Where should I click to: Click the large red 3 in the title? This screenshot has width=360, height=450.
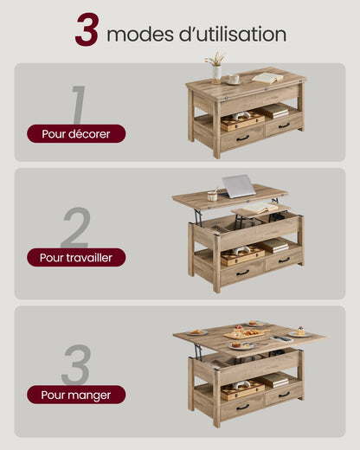tap(87, 30)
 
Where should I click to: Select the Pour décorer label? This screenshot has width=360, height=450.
tap(76, 133)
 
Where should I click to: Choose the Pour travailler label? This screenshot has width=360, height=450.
tap(76, 257)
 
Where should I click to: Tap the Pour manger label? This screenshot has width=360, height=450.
tap(76, 395)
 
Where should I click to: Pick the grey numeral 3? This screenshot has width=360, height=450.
tap(75, 365)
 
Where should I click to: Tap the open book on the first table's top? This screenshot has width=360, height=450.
tap(267, 78)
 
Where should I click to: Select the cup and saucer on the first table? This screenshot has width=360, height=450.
tap(234, 80)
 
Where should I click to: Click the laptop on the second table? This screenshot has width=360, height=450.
tap(240, 186)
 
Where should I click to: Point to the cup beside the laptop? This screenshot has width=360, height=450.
tap(212, 195)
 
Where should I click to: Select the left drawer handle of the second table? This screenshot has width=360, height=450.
tap(243, 272)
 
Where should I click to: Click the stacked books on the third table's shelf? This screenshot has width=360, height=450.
tap(274, 379)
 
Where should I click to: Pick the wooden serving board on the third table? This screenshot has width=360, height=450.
tap(244, 332)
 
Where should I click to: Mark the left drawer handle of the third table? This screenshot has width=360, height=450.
tap(243, 406)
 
